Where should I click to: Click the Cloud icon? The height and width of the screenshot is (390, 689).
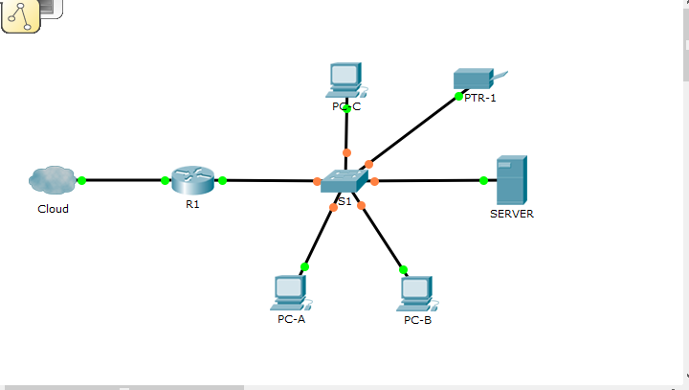click(x=52, y=179)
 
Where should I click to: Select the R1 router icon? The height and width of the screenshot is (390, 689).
click(x=194, y=179)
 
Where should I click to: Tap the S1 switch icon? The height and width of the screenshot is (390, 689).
click(x=344, y=181)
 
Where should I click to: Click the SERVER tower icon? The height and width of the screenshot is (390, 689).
click(x=511, y=178)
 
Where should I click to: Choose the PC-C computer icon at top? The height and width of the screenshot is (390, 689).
click(x=344, y=80)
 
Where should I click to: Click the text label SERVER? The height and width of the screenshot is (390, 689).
click(x=511, y=214)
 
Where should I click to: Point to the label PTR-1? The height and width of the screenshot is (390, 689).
click(x=480, y=98)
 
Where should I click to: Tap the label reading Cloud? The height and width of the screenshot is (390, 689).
click(x=53, y=209)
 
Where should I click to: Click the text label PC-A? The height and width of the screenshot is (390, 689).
click(x=291, y=319)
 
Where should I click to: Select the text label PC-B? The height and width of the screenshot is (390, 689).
click(x=417, y=319)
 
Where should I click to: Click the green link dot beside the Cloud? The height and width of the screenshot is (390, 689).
click(x=81, y=180)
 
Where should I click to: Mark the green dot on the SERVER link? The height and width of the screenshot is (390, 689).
click(x=483, y=180)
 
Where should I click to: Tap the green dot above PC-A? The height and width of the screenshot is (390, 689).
click(x=304, y=266)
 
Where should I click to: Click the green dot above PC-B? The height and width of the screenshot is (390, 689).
click(x=403, y=269)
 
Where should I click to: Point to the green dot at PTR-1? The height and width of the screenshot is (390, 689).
click(x=459, y=96)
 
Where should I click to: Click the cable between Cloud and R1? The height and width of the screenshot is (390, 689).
click(x=124, y=180)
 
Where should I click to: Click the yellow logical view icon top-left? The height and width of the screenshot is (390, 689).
click(x=20, y=16)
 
